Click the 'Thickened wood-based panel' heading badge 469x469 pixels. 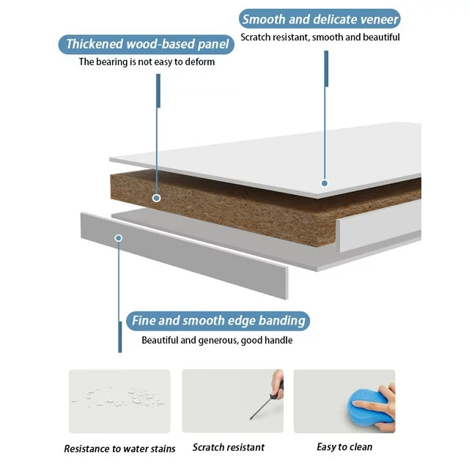pyautogui.click(x=147, y=44)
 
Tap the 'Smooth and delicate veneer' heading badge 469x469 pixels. pyautogui.click(x=320, y=19)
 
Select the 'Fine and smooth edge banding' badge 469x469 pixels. pyautogui.click(x=218, y=321)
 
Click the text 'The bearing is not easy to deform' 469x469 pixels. pyautogui.click(x=147, y=62)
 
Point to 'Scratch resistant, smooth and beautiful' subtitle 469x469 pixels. pyautogui.click(x=320, y=37)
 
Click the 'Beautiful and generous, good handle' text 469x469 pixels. pyautogui.click(x=217, y=340)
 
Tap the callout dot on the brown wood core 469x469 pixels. pyautogui.click(x=156, y=198)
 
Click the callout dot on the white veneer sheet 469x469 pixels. pyautogui.click(x=325, y=183)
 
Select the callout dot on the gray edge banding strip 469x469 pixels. pyautogui.click(x=119, y=238)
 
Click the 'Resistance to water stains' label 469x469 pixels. pyautogui.click(x=119, y=448)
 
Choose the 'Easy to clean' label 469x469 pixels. pyautogui.click(x=344, y=447)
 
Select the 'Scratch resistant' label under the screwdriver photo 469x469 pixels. pyautogui.click(x=229, y=447)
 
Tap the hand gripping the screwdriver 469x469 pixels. pyautogui.click(x=277, y=384)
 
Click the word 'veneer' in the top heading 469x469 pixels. pyautogui.click(x=380, y=20)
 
